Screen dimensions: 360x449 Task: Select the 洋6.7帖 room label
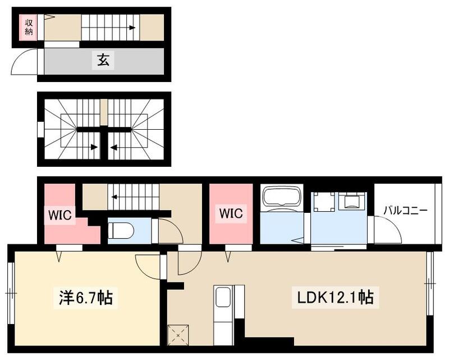(x=86, y=298)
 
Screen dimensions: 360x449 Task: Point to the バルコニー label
(x=405, y=211)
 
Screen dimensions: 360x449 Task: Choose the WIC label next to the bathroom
(x=230, y=213)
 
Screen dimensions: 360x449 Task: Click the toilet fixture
(x=121, y=230)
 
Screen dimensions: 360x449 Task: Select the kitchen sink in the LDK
(x=223, y=296)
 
